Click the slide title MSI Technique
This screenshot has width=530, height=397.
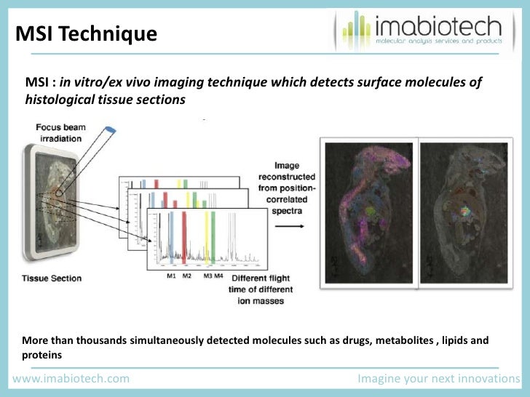pyautogui.click(x=86, y=33)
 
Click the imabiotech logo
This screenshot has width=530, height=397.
pyautogui.click(x=420, y=31)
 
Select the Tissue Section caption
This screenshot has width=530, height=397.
pyautogui.click(x=51, y=278)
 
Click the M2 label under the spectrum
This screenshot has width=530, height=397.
pyautogui.click(x=186, y=276)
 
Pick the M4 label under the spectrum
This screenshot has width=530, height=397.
pyautogui.click(x=219, y=276)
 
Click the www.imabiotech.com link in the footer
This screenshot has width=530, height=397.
pyautogui.click(x=71, y=379)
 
